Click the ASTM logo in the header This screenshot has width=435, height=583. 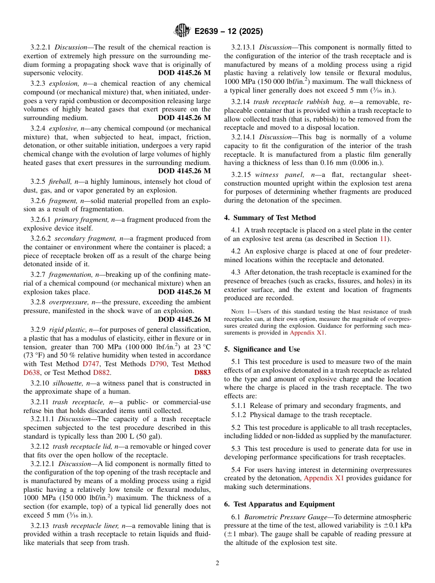pyautogui.click(x=182, y=31)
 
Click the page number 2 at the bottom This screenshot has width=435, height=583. pyautogui.click(x=217, y=563)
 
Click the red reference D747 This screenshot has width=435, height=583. pyautogui.click(x=91, y=364)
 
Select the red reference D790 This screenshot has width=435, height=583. pyautogui.click(x=158, y=364)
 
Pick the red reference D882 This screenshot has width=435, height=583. pyautogui.click(x=101, y=373)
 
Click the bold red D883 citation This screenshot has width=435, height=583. pyautogui.click(x=202, y=373)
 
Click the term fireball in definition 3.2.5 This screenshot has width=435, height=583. pyautogui.click(x=60, y=182)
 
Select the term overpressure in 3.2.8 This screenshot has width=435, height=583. pyautogui.click(x=66, y=302)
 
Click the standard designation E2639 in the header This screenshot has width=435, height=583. pyautogui.click(x=211, y=32)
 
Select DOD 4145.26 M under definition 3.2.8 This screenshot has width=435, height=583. pyautogui.click(x=184, y=319)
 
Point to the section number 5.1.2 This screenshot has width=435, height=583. pyautogui.click(x=240, y=415)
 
